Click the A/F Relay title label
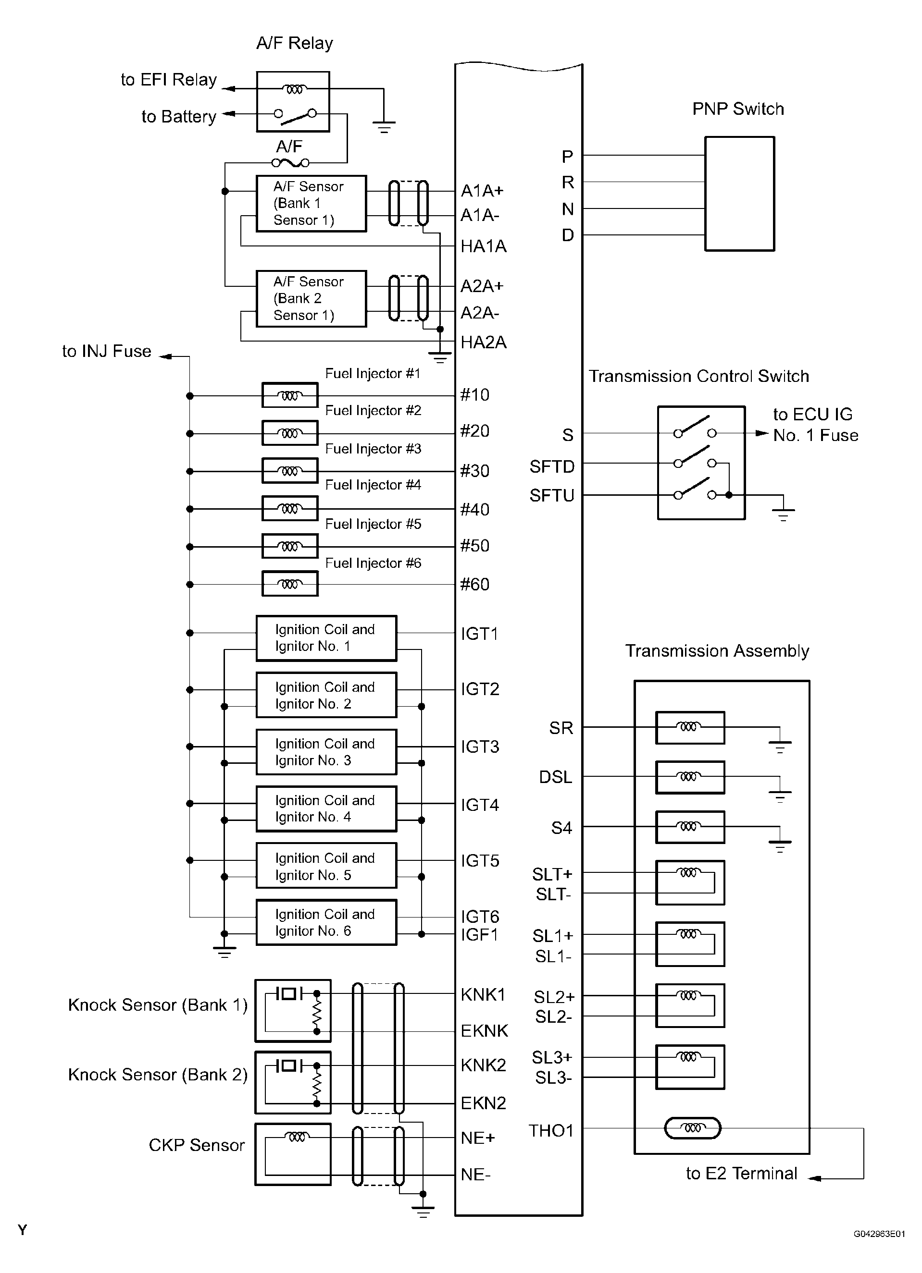point(294,43)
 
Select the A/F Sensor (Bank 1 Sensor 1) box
point(311,203)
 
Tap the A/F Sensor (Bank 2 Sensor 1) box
point(311,299)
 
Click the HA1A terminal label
point(484,246)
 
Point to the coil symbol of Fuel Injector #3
point(290,471)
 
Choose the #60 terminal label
point(475,584)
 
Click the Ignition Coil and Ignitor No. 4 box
point(326,809)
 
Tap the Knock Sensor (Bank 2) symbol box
point(293,1083)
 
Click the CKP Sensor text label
point(197,1145)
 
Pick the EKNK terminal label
point(484,1030)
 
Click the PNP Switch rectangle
point(739,194)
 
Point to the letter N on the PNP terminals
point(568,209)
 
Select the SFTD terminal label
point(552,466)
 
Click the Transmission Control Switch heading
point(698,376)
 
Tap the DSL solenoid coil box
point(690,777)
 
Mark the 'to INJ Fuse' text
point(107,351)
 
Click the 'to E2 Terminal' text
point(741,1174)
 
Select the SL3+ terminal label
point(552,1057)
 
